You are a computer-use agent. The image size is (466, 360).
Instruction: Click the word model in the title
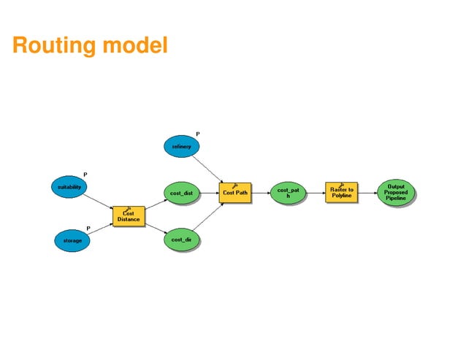[x=135, y=45]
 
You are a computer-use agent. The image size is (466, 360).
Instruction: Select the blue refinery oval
[x=182, y=146]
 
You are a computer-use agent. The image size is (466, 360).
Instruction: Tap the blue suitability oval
[x=70, y=187]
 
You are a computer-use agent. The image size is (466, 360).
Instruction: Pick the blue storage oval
[x=72, y=239]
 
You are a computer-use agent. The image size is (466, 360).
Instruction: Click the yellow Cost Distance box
[x=128, y=216]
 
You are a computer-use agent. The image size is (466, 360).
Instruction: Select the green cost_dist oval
[x=181, y=194]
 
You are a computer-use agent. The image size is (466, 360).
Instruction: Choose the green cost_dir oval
[x=181, y=239]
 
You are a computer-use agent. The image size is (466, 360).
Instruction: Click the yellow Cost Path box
[x=234, y=194]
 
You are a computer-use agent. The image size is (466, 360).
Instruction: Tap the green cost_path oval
[x=288, y=194]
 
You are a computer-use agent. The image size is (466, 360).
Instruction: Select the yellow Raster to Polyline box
[x=341, y=193]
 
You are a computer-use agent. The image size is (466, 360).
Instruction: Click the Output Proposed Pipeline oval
[x=395, y=193]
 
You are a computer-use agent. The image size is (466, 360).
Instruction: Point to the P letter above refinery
[x=198, y=134]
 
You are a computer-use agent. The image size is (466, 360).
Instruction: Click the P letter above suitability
[x=85, y=175]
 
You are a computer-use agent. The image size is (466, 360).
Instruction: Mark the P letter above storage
[x=88, y=228]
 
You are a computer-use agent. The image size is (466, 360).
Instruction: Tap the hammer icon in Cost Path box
[x=234, y=186]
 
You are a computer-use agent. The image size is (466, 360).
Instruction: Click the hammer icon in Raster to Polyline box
[x=341, y=185]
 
